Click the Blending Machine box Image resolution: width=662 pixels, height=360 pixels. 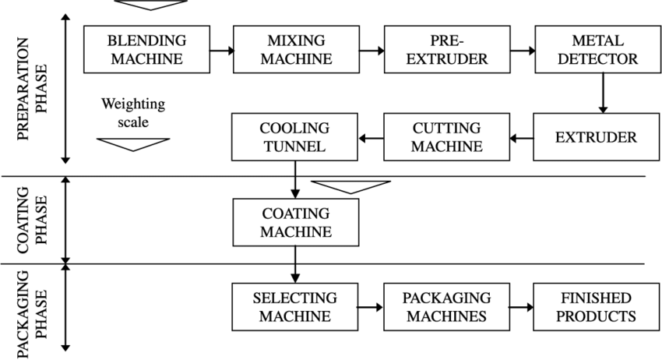coord(147,48)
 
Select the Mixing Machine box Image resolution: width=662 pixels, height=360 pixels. coord(295,48)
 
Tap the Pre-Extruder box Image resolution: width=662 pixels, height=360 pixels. coord(447,48)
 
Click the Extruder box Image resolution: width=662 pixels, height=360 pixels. coord(597,137)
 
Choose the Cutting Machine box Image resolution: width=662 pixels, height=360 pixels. coord(447,137)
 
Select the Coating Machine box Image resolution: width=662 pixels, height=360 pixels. coord(295,222)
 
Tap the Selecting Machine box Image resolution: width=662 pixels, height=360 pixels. coord(295,307)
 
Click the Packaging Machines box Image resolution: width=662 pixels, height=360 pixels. coord(447,307)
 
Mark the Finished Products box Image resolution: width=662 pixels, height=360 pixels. coord(597,307)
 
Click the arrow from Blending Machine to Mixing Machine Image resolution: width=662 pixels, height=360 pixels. coord(223,50)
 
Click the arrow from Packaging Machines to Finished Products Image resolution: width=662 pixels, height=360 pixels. coord(521,307)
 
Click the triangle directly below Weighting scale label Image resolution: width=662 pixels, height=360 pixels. coord(133,143)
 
